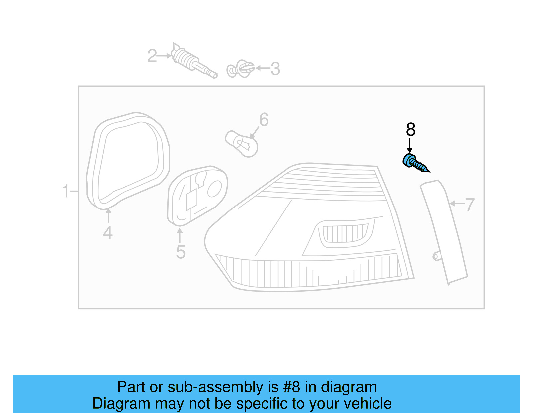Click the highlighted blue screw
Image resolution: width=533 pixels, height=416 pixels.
click(x=415, y=163)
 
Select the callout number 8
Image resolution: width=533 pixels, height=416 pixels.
click(x=411, y=130)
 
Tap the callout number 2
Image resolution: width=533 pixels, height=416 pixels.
click(x=152, y=56)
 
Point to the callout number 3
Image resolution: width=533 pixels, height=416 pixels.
click(x=275, y=69)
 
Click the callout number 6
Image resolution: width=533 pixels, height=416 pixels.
click(x=264, y=120)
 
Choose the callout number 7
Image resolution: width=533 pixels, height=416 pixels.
click(x=470, y=205)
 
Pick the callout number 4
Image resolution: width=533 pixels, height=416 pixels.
click(x=108, y=233)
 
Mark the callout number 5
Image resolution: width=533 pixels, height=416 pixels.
click(x=181, y=252)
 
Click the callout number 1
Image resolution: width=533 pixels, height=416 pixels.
click(x=66, y=192)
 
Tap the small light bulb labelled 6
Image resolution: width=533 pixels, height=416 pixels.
click(x=242, y=144)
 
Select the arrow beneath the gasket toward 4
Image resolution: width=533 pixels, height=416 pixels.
click(x=108, y=215)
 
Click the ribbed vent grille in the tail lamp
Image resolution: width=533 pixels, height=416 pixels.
click(x=345, y=233)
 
